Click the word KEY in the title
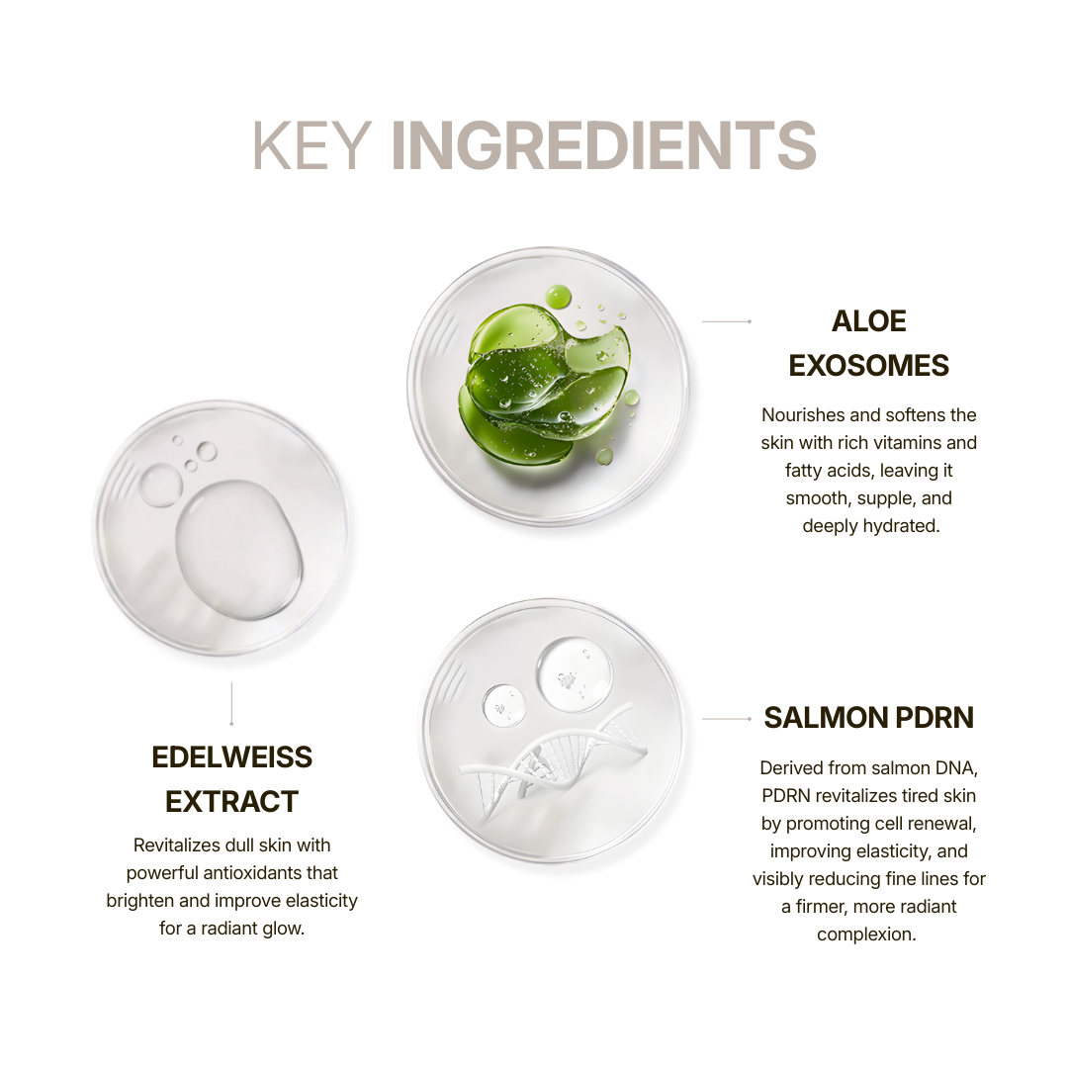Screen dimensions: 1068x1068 pos(311,145)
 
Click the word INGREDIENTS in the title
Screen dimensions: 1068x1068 pos(603,145)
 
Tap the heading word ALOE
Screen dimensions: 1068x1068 pos(868,321)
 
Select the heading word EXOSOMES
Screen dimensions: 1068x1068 pos(868,366)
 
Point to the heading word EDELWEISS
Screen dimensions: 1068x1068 pos(231,757)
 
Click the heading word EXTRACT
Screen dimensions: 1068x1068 pos(231,802)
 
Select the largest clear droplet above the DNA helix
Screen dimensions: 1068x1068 pos(574,674)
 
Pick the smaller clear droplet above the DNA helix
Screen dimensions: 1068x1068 pos(504,705)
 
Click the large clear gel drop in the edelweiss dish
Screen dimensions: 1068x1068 pos(238,551)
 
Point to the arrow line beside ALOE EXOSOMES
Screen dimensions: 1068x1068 pos(727,321)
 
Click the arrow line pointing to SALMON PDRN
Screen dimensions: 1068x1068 pos(727,719)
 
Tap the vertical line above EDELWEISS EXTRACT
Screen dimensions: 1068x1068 pos(231,704)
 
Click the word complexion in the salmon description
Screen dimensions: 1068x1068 pos(865,934)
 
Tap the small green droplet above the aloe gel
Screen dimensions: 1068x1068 pos(559,297)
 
